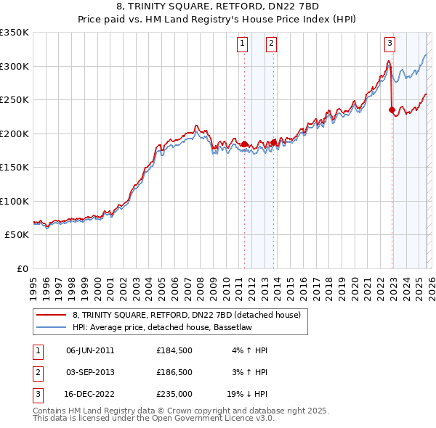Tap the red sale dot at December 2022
(x=392, y=111)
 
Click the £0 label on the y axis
(x=22, y=268)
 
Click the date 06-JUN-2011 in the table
(x=90, y=350)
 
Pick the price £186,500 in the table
(x=174, y=371)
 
